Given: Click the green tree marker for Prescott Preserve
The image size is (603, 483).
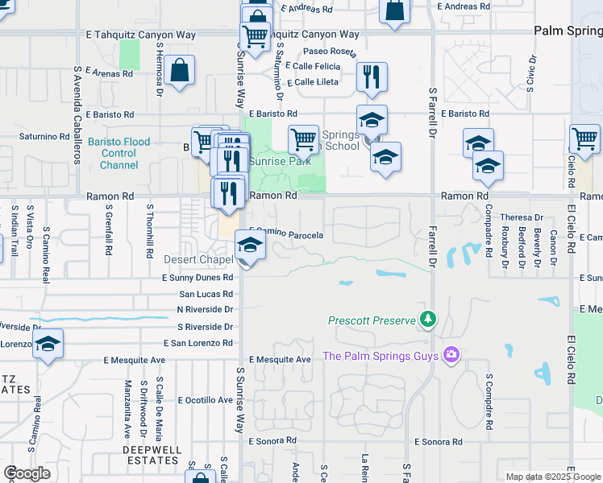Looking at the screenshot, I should (x=427, y=320).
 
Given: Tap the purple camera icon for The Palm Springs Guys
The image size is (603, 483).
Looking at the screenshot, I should (x=451, y=355).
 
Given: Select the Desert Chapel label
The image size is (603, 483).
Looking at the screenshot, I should (x=198, y=260).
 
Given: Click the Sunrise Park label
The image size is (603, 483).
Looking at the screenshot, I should (x=268, y=161).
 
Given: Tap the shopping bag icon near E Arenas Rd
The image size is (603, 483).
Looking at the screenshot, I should (x=181, y=70).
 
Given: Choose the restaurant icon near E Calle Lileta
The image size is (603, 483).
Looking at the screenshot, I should (x=372, y=77).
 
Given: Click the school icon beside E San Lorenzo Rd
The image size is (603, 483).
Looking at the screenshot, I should (x=48, y=345).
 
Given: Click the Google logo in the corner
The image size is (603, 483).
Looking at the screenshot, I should (x=27, y=473).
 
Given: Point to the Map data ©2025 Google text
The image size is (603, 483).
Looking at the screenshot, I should (x=553, y=477).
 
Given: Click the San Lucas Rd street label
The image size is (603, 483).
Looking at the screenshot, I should (x=206, y=294).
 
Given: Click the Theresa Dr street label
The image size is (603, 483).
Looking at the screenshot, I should (x=522, y=217).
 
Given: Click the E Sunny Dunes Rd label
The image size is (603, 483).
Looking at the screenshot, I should (x=192, y=278).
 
